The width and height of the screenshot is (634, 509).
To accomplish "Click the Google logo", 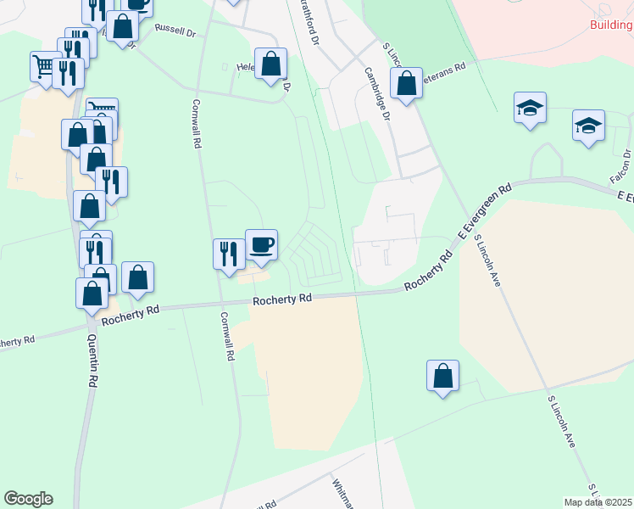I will (x=28, y=499).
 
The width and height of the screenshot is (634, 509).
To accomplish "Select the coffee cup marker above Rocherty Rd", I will (x=261, y=245).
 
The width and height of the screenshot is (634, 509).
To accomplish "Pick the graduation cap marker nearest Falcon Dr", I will (x=588, y=126).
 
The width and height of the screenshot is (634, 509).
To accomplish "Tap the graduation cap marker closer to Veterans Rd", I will (x=530, y=108).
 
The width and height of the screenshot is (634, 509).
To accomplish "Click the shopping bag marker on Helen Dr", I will (x=271, y=64).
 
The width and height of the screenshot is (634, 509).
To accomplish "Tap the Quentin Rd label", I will (x=92, y=361).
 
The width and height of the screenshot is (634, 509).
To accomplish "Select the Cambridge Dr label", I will (x=377, y=95).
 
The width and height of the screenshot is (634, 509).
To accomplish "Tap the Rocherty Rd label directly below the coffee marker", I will (x=282, y=299).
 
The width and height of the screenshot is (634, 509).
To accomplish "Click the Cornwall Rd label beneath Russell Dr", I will (x=196, y=124).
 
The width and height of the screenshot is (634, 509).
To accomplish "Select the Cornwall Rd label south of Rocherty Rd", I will (x=226, y=337).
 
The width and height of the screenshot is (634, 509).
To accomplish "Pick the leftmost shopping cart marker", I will (x=45, y=66).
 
